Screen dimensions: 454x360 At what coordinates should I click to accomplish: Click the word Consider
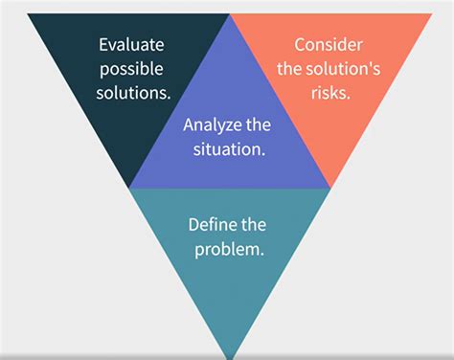click(329, 44)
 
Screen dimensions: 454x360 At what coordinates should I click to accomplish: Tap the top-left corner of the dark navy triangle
click(29, 14)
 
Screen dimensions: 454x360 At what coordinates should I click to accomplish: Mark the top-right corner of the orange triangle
click(432, 14)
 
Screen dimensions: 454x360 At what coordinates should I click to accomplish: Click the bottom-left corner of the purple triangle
click(129, 188)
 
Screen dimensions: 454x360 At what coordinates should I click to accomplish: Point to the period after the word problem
click(262, 253)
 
